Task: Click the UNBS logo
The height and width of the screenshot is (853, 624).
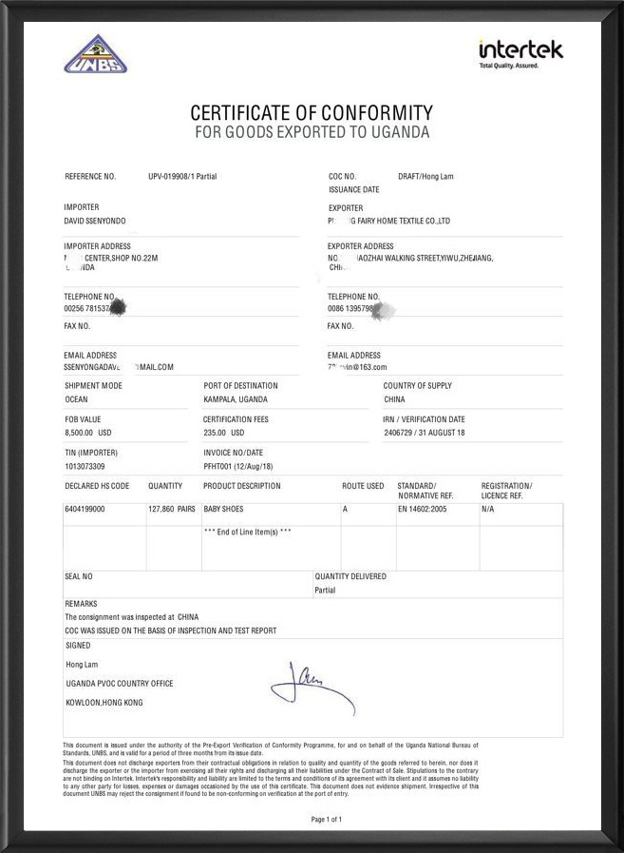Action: click(x=95, y=54)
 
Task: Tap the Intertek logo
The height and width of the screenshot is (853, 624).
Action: click(x=520, y=53)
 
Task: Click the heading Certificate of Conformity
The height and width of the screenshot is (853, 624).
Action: click(x=312, y=113)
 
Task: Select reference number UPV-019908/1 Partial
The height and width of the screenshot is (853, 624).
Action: click(x=182, y=177)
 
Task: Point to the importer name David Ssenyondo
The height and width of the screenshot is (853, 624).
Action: click(x=94, y=221)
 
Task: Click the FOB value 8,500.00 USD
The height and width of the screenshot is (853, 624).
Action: click(x=88, y=433)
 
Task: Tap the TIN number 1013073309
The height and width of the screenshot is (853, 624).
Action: click(x=85, y=466)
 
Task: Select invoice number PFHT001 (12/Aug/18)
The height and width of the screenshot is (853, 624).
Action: click(x=237, y=466)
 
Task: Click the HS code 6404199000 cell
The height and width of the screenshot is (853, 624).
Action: click(x=85, y=510)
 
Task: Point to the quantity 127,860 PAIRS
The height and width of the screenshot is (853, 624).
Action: click(x=172, y=510)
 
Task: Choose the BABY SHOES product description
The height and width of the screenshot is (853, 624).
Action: click(x=224, y=510)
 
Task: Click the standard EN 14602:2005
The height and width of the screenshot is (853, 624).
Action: click(x=422, y=510)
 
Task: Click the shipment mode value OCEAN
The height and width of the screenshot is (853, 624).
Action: click(x=76, y=399)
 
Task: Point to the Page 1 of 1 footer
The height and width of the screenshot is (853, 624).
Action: click(x=327, y=819)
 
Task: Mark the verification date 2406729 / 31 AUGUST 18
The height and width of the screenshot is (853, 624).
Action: click(x=425, y=433)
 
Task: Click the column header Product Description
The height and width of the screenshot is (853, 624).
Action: click(x=242, y=486)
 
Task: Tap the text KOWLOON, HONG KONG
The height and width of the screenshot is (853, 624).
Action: click(x=104, y=702)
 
